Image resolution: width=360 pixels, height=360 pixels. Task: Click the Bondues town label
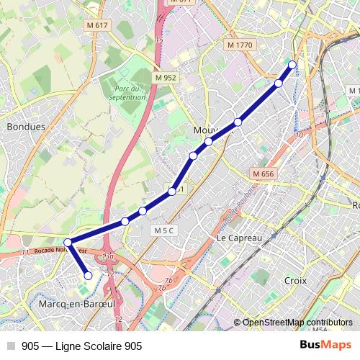point(25,126)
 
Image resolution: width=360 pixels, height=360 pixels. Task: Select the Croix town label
point(295,280)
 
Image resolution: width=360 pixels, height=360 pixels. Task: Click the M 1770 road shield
point(240,45)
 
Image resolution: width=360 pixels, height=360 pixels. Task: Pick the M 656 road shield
point(264,174)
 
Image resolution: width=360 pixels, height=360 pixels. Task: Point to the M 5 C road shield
point(163,230)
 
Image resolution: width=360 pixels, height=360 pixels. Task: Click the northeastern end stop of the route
point(292,66)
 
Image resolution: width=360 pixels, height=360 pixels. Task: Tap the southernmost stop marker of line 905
point(89,275)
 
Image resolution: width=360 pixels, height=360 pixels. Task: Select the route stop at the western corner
point(68,243)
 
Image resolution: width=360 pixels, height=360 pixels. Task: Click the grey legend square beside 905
point(11,346)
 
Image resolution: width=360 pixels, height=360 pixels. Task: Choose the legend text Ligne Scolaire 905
point(93,346)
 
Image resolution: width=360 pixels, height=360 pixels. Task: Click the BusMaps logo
point(326,346)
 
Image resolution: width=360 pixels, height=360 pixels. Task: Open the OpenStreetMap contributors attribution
point(297,323)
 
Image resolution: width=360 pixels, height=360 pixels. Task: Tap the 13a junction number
point(108,256)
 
